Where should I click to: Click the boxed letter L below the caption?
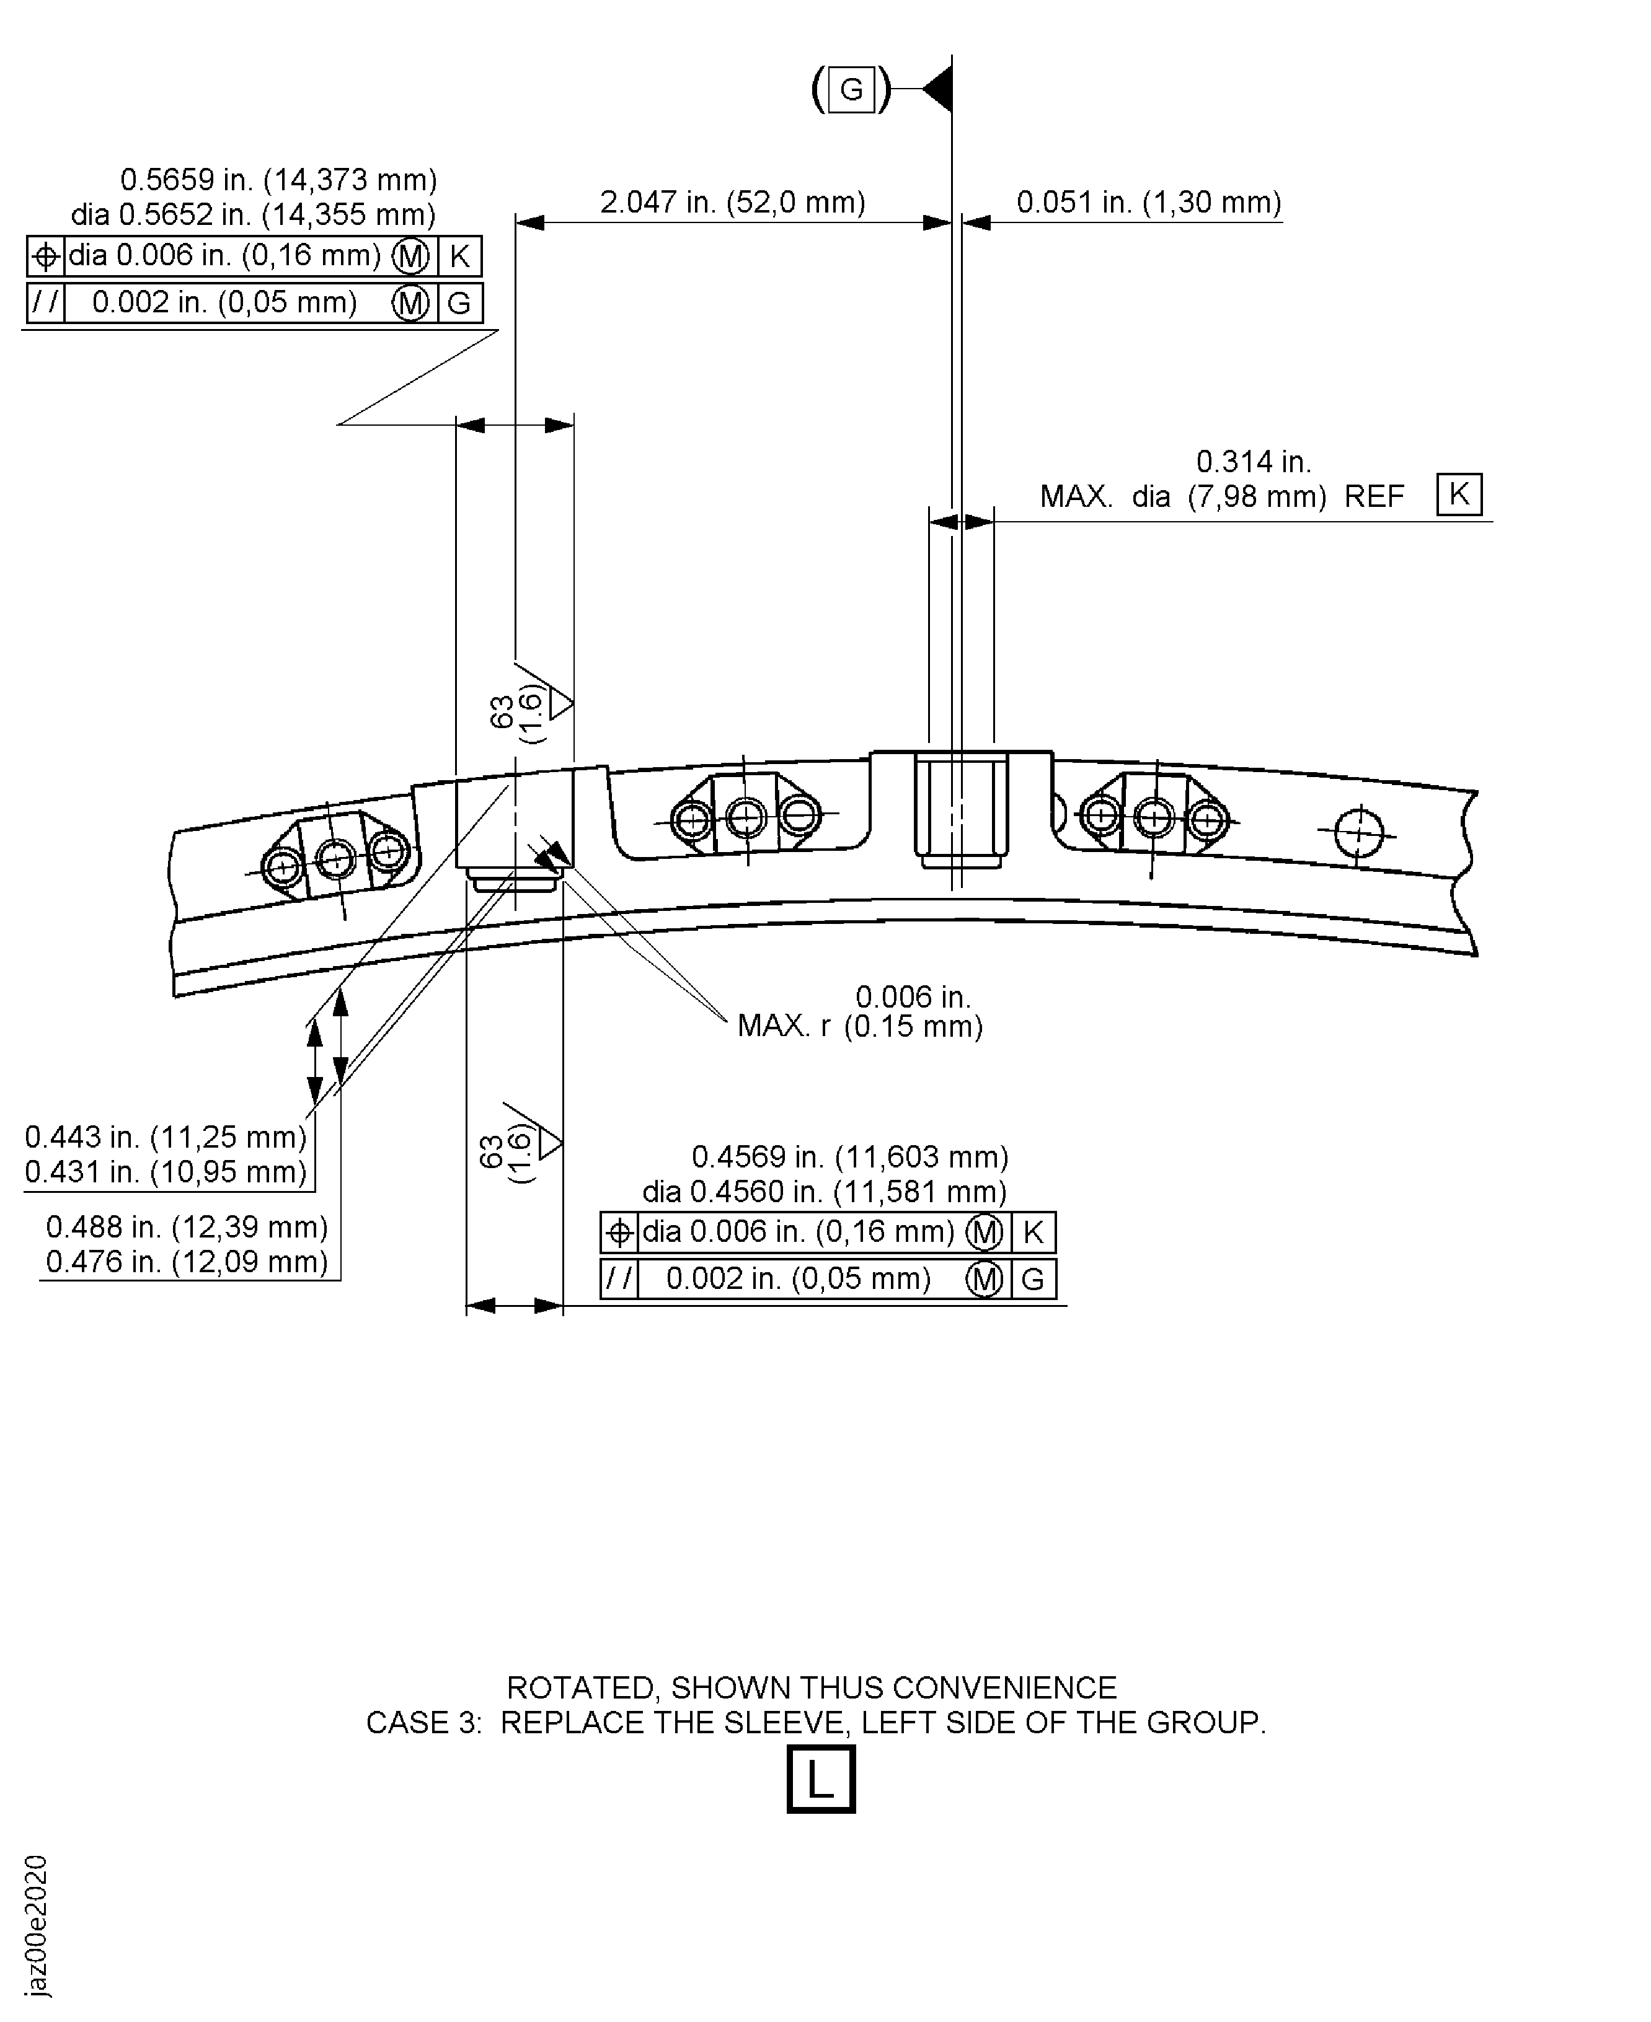[821, 1778]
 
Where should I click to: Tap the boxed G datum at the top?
[851, 89]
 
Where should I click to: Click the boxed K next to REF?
[1459, 495]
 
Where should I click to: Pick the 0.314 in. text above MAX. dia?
[1254, 462]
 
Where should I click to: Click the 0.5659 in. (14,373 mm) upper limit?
[278, 180]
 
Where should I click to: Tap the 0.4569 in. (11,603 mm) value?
[850, 1157]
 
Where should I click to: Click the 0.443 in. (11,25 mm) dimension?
[166, 1137]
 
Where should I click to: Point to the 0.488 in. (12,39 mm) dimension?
[187, 1228]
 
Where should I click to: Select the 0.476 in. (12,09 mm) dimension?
[187, 1262]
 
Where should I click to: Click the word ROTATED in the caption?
[580, 1689]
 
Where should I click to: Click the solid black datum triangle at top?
[938, 89]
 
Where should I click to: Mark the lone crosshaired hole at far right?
[1358, 833]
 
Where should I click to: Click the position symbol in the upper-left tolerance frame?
[46, 256]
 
